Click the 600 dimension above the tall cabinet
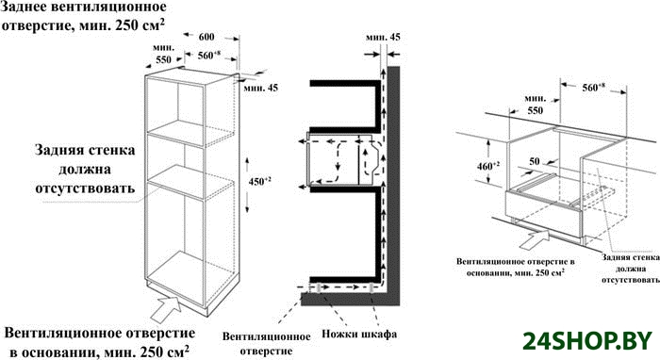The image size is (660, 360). coord(206,37)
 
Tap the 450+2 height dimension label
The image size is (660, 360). coord(259,182)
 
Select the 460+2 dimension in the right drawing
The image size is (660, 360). coord(488,166)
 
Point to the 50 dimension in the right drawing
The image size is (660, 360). coord(535,161)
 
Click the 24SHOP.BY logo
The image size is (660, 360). coord(587,341)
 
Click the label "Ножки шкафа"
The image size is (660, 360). coord(359,334)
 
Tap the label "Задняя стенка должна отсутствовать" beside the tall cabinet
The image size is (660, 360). coord(85,169)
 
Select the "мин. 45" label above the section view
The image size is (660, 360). coord(383,37)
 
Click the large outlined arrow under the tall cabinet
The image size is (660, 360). coord(165,308)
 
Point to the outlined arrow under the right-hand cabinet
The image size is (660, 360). coord(535,239)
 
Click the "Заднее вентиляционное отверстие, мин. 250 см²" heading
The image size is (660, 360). coord(83,16)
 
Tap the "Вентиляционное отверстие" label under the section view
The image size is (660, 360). coord(267,344)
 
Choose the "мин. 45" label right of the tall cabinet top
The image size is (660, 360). coord(261,88)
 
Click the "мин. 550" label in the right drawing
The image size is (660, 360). coord(535,105)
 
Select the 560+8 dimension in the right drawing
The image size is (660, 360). coord(593,88)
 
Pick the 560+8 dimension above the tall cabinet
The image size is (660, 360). coord(209,56)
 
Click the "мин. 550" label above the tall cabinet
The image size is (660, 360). coord(163,54)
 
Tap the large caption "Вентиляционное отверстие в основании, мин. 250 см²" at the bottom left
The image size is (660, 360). coord(100,342)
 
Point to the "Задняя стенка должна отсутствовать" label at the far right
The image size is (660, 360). coord(630,269)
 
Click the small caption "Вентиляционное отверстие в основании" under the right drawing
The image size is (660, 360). coord(516,267)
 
